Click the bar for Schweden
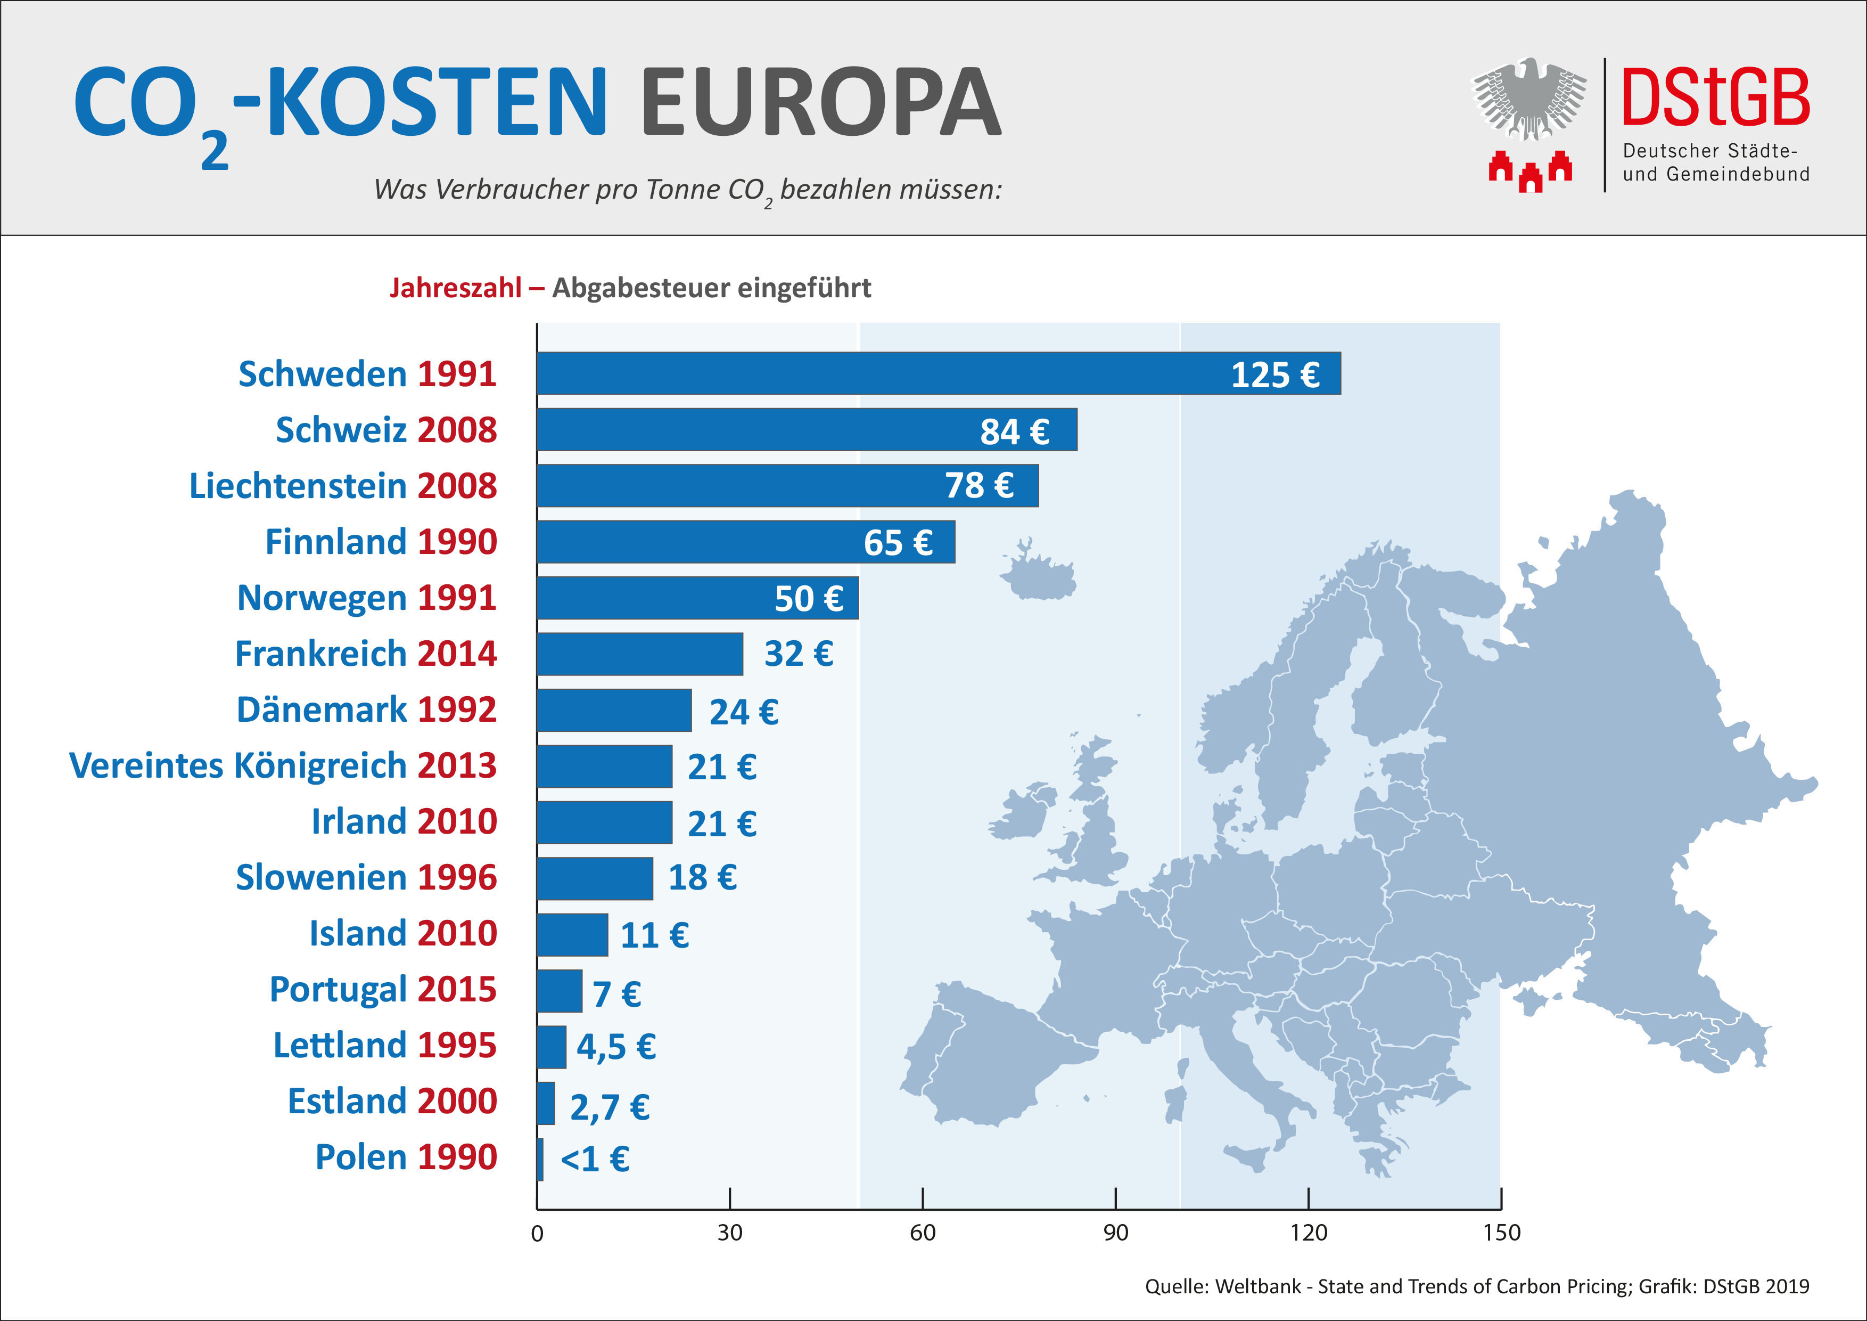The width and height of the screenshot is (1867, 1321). tap(935, 373)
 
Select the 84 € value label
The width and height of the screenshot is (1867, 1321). tap(1014, 431)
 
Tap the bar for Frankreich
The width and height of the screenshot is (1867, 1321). tap(640, 654)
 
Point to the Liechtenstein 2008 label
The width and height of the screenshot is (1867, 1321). tap(342, 486)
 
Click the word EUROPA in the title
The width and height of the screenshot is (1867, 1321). tap(821, 103)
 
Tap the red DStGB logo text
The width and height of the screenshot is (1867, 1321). tap(1716, 97)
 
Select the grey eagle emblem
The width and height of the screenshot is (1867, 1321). tap(1529, 97)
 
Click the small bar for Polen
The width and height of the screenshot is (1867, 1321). tap(540, 1159)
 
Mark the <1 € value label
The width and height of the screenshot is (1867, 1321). tap(595, 1159)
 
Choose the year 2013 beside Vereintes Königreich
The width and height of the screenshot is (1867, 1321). tap(457, 765)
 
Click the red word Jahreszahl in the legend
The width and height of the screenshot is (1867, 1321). tap(455, 288)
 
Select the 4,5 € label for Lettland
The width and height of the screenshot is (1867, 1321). tap(615, 1047)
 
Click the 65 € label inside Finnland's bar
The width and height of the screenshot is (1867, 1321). tap(898, 543)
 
